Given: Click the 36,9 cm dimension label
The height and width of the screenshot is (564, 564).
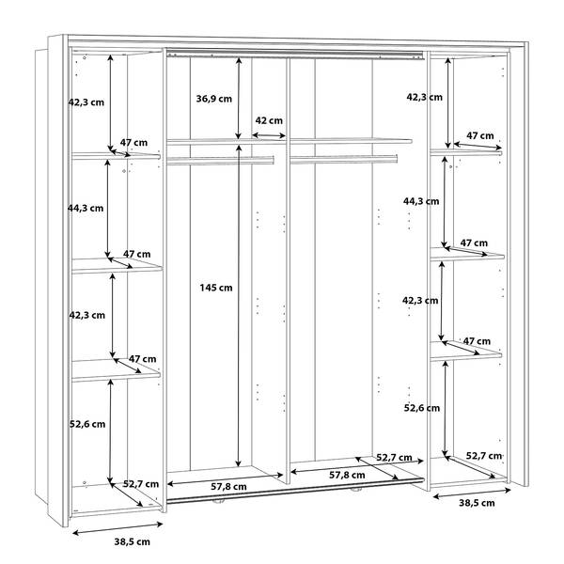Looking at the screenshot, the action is pos(214,99).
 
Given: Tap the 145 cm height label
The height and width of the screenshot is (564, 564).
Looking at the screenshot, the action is pos(216,288).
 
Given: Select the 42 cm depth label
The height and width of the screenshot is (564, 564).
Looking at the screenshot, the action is pos(269,120).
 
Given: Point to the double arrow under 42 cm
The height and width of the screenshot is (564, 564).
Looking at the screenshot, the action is pos(269,135).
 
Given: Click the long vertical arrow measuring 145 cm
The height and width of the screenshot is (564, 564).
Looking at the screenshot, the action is pos(238,306).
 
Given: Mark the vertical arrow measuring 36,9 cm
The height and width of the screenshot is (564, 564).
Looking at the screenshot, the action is pos(239,98).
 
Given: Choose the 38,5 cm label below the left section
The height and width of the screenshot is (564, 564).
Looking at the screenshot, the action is pos(133,541).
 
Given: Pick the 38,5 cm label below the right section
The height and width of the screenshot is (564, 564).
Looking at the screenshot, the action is pos(477,503).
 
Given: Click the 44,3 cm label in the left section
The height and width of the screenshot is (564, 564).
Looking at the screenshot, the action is pos(86,209).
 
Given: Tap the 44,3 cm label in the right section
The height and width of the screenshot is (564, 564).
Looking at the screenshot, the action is pos(421,201).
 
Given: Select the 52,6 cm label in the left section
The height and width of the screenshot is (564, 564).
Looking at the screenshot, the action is pos(87,424).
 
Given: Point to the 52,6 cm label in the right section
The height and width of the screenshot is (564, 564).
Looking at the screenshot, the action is pos(422,408).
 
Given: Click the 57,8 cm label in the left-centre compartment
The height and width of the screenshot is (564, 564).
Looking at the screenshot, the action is pos(228,487).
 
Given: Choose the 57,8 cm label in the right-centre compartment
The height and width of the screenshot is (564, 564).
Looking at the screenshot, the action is pos(347,475).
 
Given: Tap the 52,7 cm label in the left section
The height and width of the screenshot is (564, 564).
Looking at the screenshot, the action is pos(141,484).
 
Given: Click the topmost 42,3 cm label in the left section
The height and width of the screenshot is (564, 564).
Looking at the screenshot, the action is pos(86,102).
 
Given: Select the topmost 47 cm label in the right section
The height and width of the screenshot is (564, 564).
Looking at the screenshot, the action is pos(480,136).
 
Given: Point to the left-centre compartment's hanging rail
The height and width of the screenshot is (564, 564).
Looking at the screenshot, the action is pos(221,160).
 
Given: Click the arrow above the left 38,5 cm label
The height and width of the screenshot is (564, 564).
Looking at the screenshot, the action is pos(118,528).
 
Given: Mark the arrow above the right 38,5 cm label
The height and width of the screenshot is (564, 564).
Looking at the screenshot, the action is pos(472,493).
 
